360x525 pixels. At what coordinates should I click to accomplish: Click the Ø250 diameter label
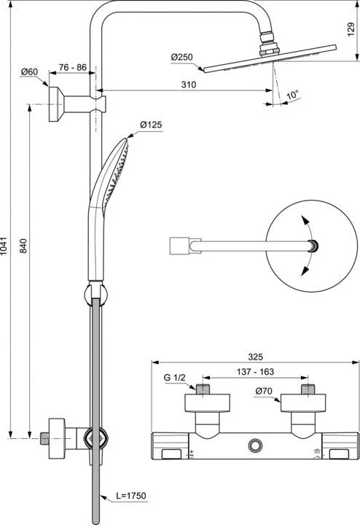pos(181,57)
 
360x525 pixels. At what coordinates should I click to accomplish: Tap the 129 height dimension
pos(351,29)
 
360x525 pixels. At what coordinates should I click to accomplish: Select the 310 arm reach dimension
pos(189,85)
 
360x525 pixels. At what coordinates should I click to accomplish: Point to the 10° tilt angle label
pos(292,95)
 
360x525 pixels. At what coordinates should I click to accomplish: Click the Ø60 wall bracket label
pos(29,71)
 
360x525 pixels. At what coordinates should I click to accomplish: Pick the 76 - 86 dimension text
pos(73,67)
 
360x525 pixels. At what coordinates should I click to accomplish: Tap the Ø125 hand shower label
pos(151,125)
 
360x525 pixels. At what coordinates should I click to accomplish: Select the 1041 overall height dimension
pos(4,246)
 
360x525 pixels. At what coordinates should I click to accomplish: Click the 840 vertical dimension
pos(23,246)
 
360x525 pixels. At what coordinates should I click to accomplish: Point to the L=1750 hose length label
pos(131,496)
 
